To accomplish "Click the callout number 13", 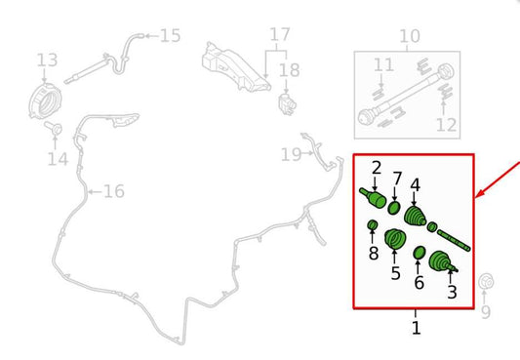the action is (47, 60).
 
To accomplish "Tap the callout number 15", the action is (171, 36).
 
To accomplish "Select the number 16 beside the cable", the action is (114, 191).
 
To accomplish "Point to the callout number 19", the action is (291, 154).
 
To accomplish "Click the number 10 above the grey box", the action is (410, 36).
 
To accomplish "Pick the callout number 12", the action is (447, 125).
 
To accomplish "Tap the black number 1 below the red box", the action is (417, 328).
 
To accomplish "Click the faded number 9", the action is (486, 312).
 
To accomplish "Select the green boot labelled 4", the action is (416, 218).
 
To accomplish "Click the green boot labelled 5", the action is (395, 239).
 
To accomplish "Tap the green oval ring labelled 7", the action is (394, 208).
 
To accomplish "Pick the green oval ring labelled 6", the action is (420, 253).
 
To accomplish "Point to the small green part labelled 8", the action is (373, 225).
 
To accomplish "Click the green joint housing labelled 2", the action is (374, 198).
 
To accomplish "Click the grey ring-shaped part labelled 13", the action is (45, 101).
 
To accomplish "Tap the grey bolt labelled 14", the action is (54, 128).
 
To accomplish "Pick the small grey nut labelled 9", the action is (487, 282).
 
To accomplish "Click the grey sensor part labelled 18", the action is (287, 104).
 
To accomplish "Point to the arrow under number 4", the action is (414, 200).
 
